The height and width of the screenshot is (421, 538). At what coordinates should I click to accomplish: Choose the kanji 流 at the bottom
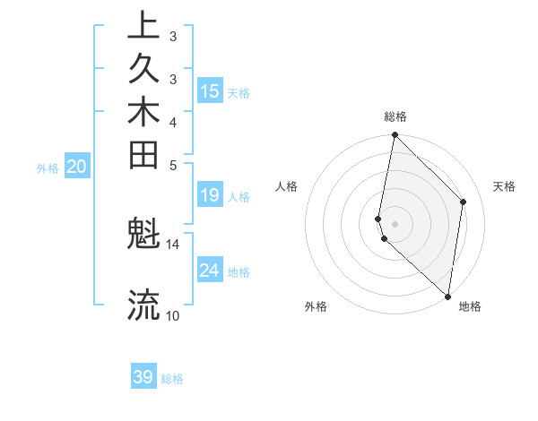[143, 305]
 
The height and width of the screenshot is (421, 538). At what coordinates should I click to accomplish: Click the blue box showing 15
[210, 90]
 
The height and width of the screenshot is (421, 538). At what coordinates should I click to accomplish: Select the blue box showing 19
[210, 195]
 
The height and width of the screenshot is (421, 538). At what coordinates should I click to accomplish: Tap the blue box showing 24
[210, 270]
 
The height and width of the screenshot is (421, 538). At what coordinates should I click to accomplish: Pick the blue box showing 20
[77, 166]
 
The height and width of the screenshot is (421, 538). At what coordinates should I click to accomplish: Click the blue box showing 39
[143, 377]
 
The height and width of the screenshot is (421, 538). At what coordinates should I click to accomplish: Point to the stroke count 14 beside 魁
[173, 244]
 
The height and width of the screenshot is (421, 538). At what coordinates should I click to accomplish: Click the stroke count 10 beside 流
[173, 315]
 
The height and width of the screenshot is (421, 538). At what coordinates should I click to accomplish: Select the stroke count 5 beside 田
[173, 165]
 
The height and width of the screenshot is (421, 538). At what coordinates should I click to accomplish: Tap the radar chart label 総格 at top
[395, 116]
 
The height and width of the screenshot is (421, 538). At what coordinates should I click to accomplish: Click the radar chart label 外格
[316, 307]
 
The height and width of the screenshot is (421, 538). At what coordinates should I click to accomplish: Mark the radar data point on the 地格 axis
[447, 296]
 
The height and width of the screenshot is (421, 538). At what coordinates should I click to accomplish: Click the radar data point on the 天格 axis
[464, 202]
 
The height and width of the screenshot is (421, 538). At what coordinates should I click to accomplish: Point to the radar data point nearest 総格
[395, 136]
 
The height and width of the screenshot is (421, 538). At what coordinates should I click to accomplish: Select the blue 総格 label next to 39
[173, 379]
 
